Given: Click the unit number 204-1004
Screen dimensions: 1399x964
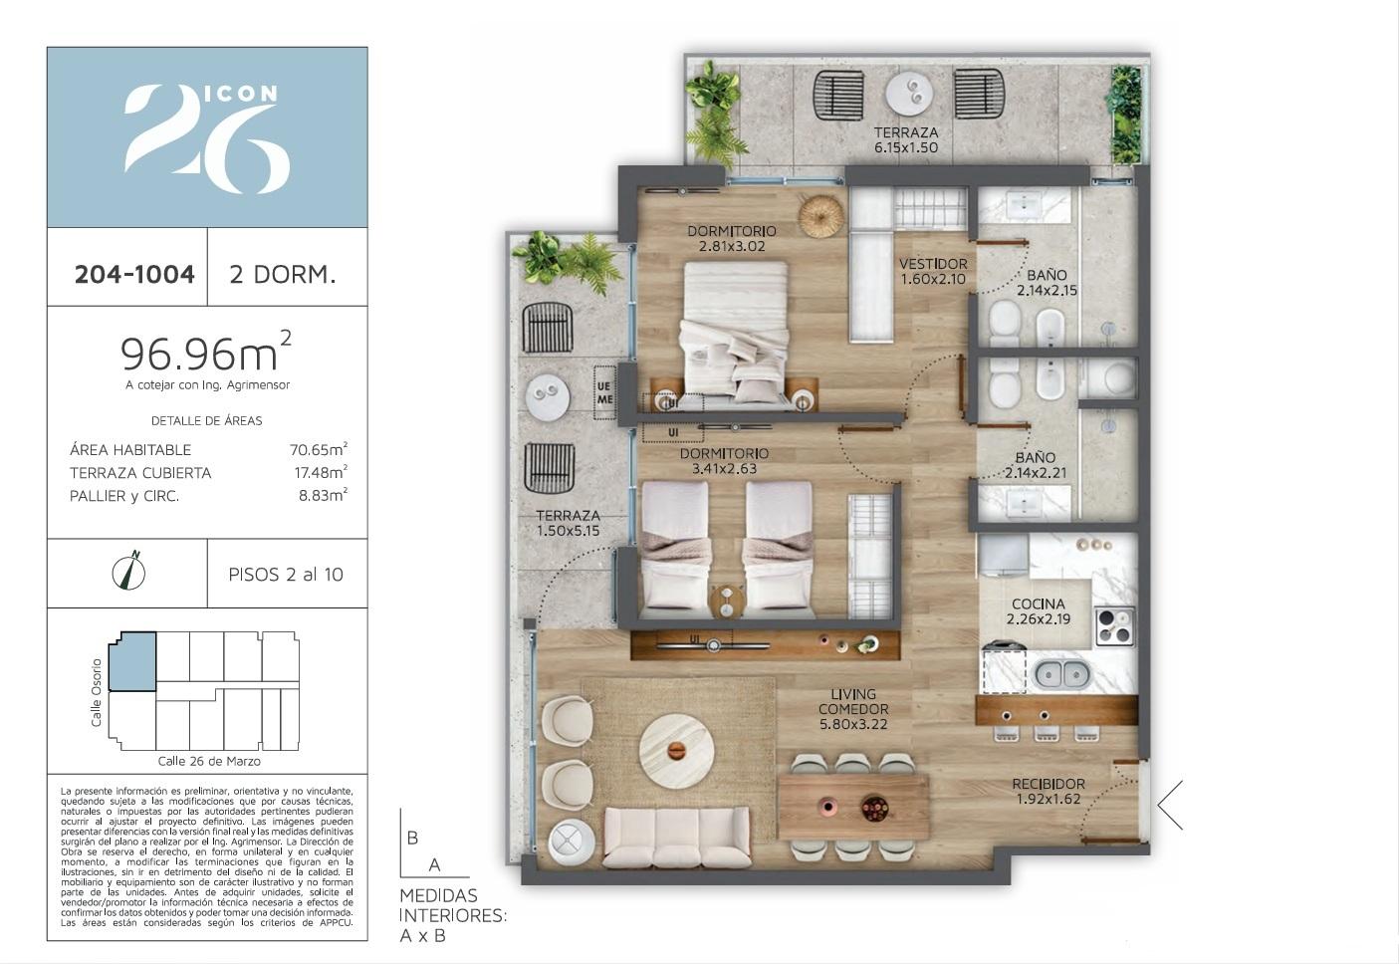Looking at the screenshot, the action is point(134,274).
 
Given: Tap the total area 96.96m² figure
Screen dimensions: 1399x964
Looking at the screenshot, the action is point(205,352).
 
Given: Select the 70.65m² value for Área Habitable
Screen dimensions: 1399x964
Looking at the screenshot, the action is point(319,449).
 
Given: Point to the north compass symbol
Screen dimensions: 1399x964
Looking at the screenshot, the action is point(129,571).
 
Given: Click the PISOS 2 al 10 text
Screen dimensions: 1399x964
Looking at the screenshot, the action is point(286,575).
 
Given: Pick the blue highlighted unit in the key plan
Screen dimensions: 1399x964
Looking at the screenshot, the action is point(133,661).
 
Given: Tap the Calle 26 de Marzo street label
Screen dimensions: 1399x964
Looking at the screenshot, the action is point(209,761).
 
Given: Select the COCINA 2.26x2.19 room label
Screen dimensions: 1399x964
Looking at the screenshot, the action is point(1038,611).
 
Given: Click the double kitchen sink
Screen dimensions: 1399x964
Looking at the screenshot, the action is point(1062,673).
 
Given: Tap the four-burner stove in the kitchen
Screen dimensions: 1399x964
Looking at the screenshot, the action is point(1115,626).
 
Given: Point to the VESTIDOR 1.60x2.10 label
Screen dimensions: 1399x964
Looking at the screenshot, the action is point(933,271).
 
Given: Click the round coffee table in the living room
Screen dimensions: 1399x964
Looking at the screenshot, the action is point(676,750).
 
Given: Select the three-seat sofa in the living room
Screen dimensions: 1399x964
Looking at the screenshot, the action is point(677,838).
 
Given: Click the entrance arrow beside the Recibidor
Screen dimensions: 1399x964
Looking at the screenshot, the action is point(1170,806).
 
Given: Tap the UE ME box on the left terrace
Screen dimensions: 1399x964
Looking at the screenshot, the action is point(604,392).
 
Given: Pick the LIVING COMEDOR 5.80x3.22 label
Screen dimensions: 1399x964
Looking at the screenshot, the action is point(853,709).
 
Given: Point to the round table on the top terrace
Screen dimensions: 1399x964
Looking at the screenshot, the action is point(909,95).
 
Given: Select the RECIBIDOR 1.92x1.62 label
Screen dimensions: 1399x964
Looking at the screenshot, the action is point(1049,791).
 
